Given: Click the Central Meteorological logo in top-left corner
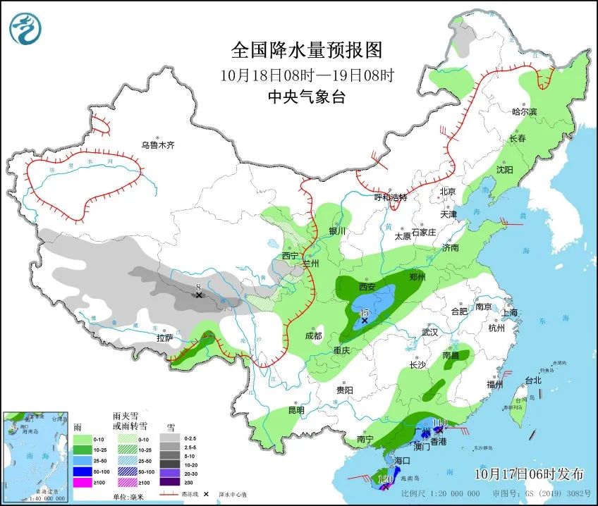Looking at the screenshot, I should tap(25, 29).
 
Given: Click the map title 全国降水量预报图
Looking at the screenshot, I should tap(307, 50).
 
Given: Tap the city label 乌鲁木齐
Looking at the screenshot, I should tap(157, 145).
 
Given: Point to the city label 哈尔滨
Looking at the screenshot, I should tap(524, 112).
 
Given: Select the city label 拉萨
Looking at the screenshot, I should tap(164, 338).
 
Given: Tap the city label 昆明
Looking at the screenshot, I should tap(295, 410).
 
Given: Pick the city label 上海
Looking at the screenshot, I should tap(508, 312).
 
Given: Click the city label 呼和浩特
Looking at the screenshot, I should tap(391, 197).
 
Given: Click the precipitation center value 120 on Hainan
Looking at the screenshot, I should tap(386, 479).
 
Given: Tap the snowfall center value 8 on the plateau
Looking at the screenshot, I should tap(199, 287).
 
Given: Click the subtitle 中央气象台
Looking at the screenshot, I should tap(307, 97).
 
